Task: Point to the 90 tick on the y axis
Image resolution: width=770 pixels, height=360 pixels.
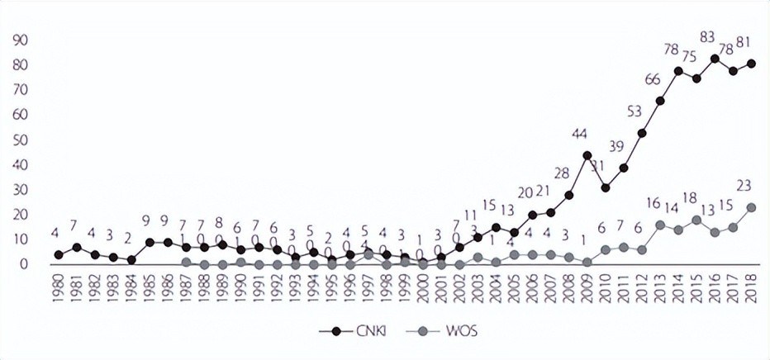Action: coord(18,40)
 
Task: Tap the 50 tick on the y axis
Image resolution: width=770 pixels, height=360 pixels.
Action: coord(18,140)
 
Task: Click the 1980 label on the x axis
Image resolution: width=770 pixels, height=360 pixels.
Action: coord(58,285)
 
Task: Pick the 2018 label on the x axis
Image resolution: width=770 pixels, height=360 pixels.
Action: coord(752,285)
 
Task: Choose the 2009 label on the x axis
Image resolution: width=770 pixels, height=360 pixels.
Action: coord(587,285)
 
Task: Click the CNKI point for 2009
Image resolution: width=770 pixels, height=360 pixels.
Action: coord(587,154)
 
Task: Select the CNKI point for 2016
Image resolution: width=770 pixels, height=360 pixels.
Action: coord(715,58)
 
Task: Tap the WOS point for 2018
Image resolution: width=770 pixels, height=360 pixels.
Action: coord(752,207)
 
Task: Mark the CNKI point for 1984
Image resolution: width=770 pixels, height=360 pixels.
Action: coord(131,259)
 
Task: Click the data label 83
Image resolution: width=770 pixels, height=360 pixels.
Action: coord(707,37)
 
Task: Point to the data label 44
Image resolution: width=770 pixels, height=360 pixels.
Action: coord(579,134)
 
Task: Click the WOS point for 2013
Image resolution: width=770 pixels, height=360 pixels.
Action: coord(661,225)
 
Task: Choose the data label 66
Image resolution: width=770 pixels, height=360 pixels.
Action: coord(653,79)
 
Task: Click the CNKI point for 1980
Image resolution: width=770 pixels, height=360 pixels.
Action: coord(58,254)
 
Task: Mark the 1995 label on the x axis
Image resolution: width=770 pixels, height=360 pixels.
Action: coord(332,285)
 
